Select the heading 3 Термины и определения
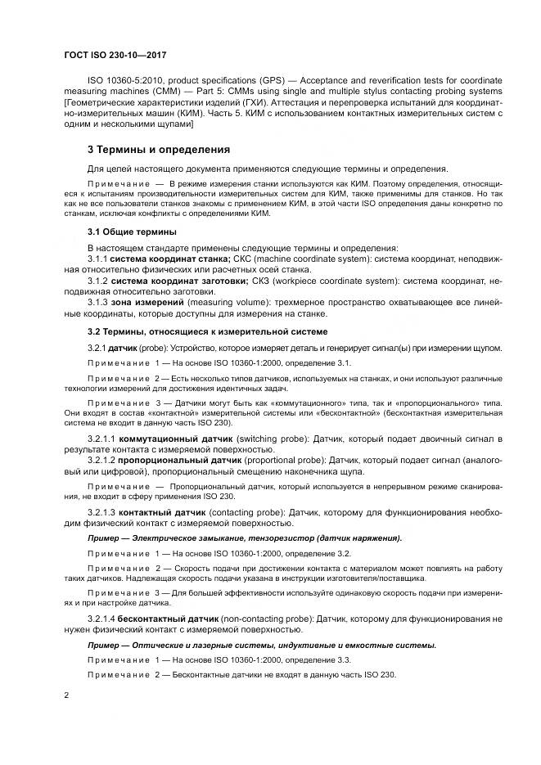(147, 150)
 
